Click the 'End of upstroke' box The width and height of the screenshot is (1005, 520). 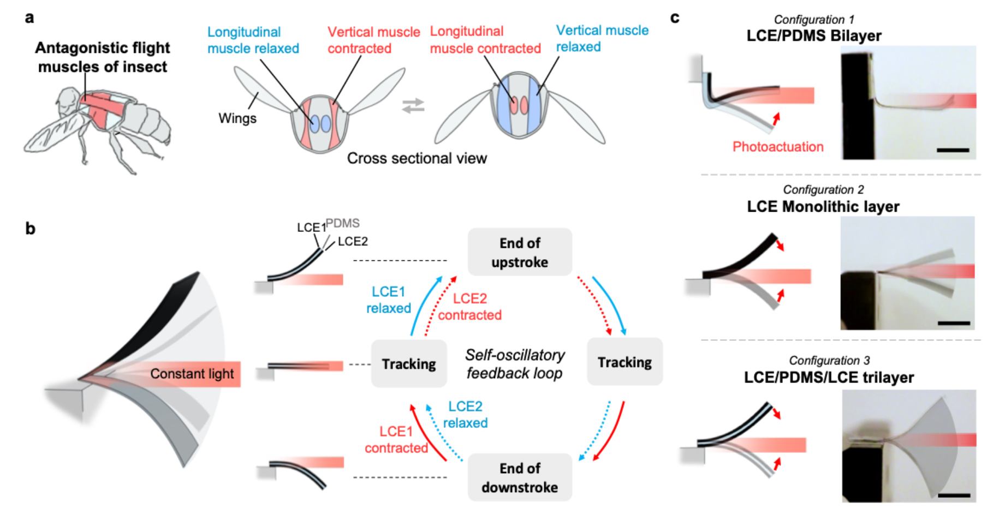pyautogui.click(x=519, y=252)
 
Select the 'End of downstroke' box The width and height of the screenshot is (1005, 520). pyautogui.click(x=519, y=477)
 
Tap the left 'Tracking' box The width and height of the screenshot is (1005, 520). pyautogui.click(x=408, y=364)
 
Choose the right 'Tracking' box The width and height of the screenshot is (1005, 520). pyautogui.click(x=625, y=362)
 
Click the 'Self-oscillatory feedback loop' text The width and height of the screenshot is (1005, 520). pyautogui.click(x=514, y=364)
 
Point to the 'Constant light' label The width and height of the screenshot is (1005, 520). pyautogui.click(x=192, y=374)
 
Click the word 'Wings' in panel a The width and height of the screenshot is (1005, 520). pyautogui.click(x=237, y=118)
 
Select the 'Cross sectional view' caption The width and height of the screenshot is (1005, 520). pyautogui.click(x=417, y=158)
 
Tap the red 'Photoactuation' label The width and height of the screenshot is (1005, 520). pyautogui.click(x=777, y=147)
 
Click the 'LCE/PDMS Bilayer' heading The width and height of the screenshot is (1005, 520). pyautogui.click(x=813, y=36)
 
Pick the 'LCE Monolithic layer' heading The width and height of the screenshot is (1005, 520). pyautogui.click(x=823, y=207)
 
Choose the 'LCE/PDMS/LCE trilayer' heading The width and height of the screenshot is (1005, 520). pyautogui.click(x=828, y=378)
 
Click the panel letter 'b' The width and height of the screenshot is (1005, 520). pyautogui.click(x=31, y=229)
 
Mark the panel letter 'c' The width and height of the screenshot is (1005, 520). pyautogui.click(x=675, y=18)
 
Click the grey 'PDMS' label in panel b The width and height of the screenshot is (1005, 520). pyautogui.click(x=343, y=223)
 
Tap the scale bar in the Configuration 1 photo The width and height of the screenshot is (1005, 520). pyautogui.click(x=953, y=150)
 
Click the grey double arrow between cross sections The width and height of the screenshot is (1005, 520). pyautogui.click(x=413, y=105)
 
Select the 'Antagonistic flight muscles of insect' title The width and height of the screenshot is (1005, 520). pyautogui.click(x=103, y=57)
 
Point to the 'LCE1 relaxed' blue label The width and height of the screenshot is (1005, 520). pyautogui.click(x=388, y=300)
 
